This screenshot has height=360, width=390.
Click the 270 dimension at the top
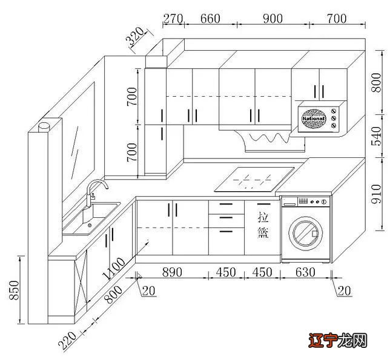click(x=173, y=19)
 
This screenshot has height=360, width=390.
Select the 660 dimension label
click(x=210, y=19)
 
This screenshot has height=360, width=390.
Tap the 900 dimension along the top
click(x=273, y=19)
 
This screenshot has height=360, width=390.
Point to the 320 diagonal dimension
click(x=135, y=36)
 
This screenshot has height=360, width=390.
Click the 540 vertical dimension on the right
click(x=376, y=136)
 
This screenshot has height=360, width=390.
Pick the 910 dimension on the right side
click(x=376, y=194)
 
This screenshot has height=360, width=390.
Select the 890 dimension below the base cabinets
click(x=172, y=272)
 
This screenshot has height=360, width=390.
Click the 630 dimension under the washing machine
click(x=305, y=272)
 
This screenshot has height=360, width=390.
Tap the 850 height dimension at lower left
click(x=14, y=290)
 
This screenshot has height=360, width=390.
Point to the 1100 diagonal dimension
click(x=113, y=268)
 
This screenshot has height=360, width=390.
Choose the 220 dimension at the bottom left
click(x=67, y=340)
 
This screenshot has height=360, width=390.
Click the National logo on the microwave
click(x=314, y=119)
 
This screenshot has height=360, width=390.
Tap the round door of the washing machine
click(x=306, y=234)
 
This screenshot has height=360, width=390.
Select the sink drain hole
click(x=90, y=225)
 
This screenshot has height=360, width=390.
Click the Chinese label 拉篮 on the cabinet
click(x=263, y=225)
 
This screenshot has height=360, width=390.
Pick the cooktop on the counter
click(x=254, y=179)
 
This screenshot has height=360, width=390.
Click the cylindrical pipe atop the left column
click(x=44, y=127)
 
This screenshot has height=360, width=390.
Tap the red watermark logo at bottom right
click(x=338, y=341)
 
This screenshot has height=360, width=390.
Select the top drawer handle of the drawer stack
click(x=226, y=205)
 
